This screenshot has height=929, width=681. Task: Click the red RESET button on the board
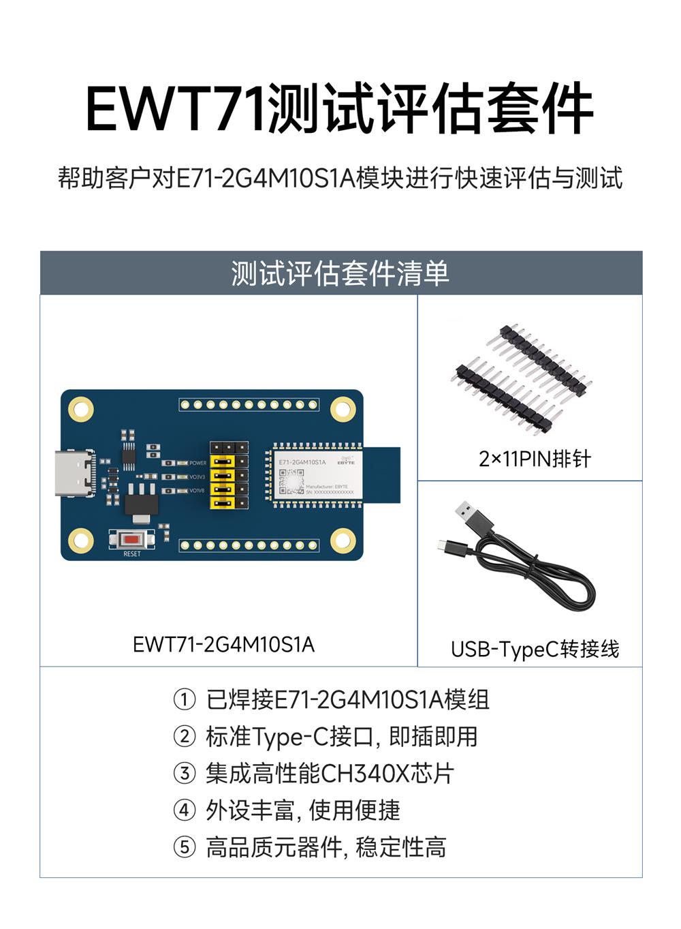pyautogui.click(x=132, y=540)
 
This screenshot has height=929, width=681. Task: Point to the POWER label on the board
pyautogui.click(x=197, y=463)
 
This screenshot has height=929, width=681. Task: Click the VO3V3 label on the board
pyautogui.click(x=197, y=477)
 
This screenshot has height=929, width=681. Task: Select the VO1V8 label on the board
pyautogui.click(x=197, y=491)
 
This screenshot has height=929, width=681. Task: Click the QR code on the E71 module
pyautogui.click(x=291, y=482)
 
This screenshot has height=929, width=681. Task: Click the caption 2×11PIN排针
pyautogui.click(x=534, y=459)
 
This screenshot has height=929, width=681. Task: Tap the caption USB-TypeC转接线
pyautogui.click(x=535, y=649)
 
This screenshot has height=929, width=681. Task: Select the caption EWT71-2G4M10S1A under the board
pyautogui.click(x=223, y=644)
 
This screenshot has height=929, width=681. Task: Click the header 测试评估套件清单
pyautogui.click(x=340, y=273)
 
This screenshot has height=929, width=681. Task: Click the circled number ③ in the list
pyautogui.click(x=185, y=774)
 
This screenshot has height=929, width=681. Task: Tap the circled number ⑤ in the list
pyautogui.click(x=185, y=847)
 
